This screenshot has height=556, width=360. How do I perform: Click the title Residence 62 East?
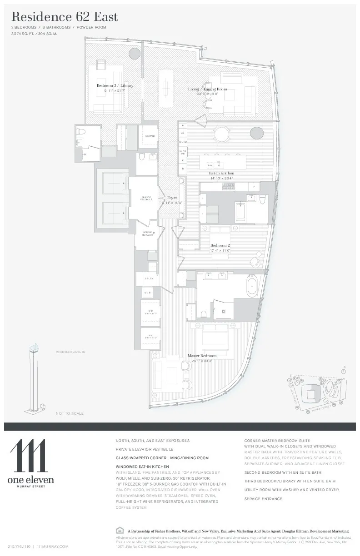(x=65, y=17)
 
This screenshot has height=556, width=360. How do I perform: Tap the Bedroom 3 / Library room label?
(x=115, y=85)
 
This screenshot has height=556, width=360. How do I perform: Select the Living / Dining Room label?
(x=207, y=89)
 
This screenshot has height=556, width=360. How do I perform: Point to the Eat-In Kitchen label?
(x=221, y=173)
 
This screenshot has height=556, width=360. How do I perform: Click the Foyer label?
(x=172, y=198)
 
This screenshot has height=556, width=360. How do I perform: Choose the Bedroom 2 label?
(x=220, y=245)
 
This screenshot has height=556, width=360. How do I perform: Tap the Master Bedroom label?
(x=202, y=356)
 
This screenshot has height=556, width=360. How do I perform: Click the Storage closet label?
(x=150, y=135)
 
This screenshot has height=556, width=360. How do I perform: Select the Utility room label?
(x=149, y=278)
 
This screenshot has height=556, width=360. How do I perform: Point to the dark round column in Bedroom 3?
(x=135, y=54)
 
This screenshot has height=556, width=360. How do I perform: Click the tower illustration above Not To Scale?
(x=33, y=377)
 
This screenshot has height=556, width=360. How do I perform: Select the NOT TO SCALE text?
(x=70, y=413)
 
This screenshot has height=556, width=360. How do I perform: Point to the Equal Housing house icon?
(x=120, y=530)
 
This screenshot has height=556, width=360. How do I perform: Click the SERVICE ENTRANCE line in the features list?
(x=263, y=499)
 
